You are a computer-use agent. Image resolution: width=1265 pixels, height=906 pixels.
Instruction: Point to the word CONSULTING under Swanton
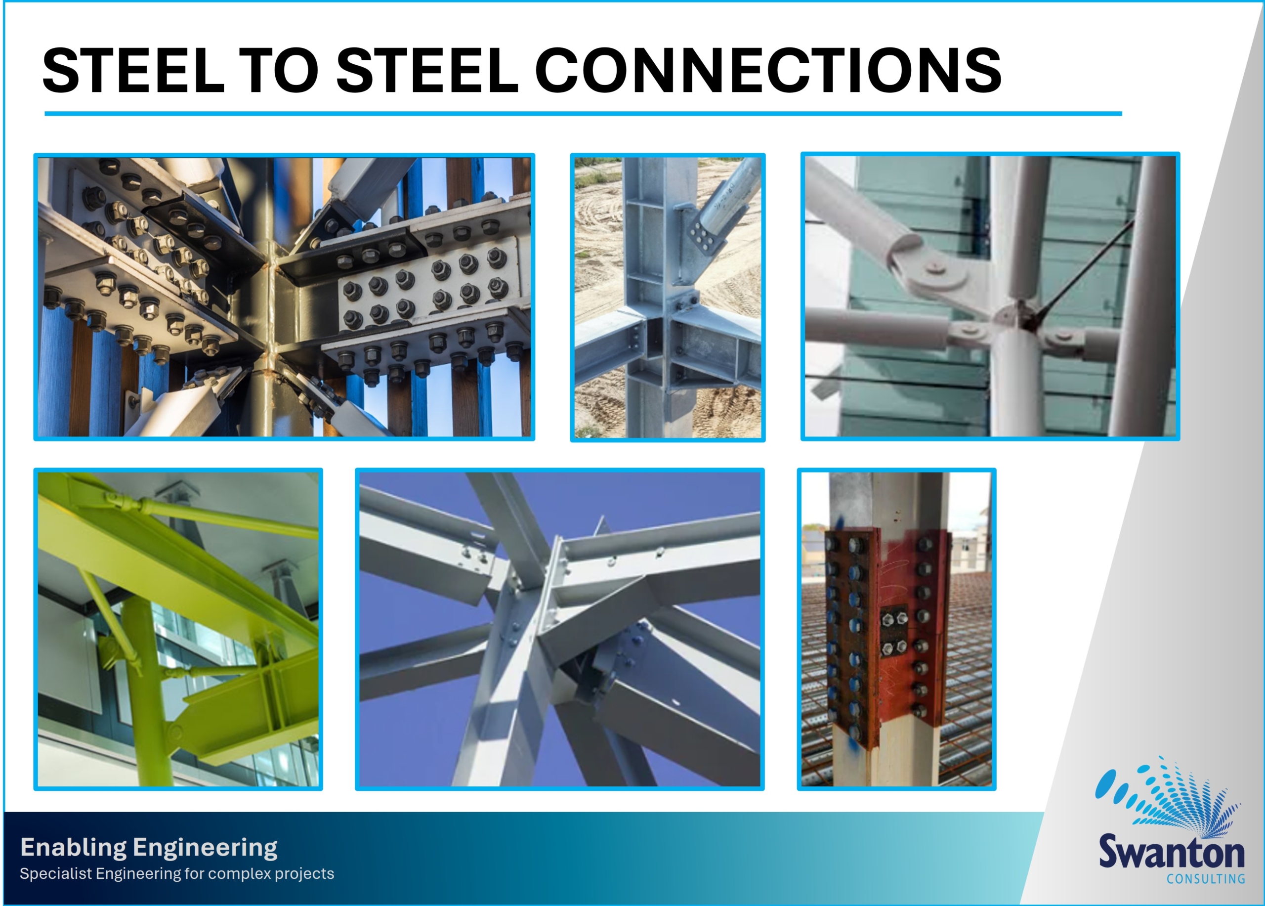tap(1206, 879)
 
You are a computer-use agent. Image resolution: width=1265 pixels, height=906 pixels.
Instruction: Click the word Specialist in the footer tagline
tap(55, 874)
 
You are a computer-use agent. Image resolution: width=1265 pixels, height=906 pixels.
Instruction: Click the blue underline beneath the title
tap(583, 113)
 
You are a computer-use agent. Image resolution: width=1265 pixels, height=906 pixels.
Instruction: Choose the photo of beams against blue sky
tap(559, 629)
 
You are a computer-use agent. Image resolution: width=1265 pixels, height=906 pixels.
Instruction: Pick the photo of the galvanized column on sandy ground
tap(668, 298)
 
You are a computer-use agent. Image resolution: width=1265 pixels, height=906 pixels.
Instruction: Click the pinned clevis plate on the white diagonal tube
tap(930, 274)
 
